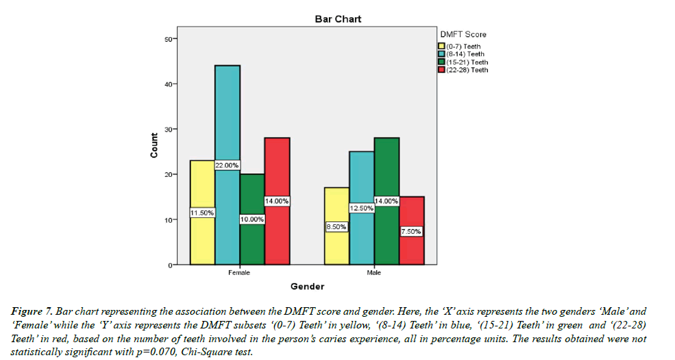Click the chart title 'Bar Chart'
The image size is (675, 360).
pyautogui.click(x=338, y=19)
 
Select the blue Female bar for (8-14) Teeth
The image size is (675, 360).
pyautogui.click(x=227, y=110)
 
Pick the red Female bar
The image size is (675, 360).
pyautogui.click(x=277, y=171)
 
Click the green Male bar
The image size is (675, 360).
pyautogui.click(x=386, y=171)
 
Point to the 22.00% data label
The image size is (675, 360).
pyautogui.click(x=228, y=165)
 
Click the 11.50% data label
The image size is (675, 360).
pyautogui.click(x=202, y=213)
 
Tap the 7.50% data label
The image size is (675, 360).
pyautogui.click(x=411, y=231)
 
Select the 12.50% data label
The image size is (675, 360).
pyautogui.click(x=361, y=208)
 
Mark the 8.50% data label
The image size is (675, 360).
pyautogui.click(x=336, y=226)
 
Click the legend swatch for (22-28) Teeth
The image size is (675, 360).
pyautogui.click(x=442, y=70)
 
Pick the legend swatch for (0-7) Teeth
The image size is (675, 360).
pyautogui.click(x=442, y=46)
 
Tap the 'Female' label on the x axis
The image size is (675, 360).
pyautogui.click(x=238, y=273)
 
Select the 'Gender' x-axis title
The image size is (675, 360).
pyautogui.click(x=307, y=286)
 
